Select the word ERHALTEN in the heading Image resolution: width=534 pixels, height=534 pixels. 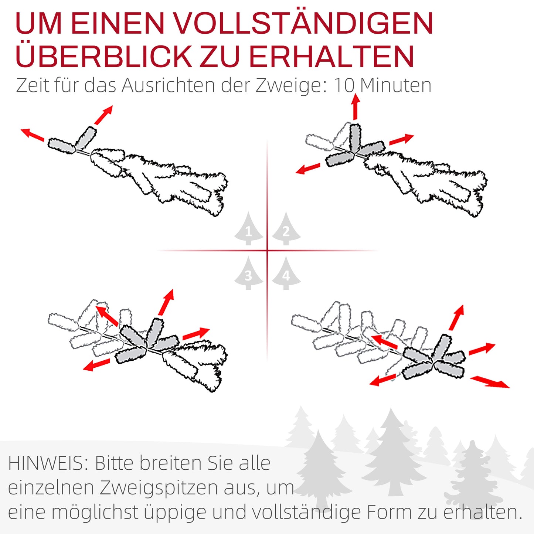pos(331,56)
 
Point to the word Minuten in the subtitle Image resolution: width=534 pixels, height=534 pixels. pos(395,85)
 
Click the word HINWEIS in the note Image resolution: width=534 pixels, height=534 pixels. pos(48,463)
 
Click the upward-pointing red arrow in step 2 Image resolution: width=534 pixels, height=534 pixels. pos(356,107)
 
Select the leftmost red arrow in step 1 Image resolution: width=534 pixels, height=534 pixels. pos(33,135)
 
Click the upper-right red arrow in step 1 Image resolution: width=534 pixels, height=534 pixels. pos(103,115)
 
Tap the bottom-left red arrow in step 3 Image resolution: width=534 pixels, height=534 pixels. pos(96,365)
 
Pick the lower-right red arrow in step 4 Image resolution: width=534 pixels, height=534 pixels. pos(490,382)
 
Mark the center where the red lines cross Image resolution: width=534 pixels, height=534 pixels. pos(267,251)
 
